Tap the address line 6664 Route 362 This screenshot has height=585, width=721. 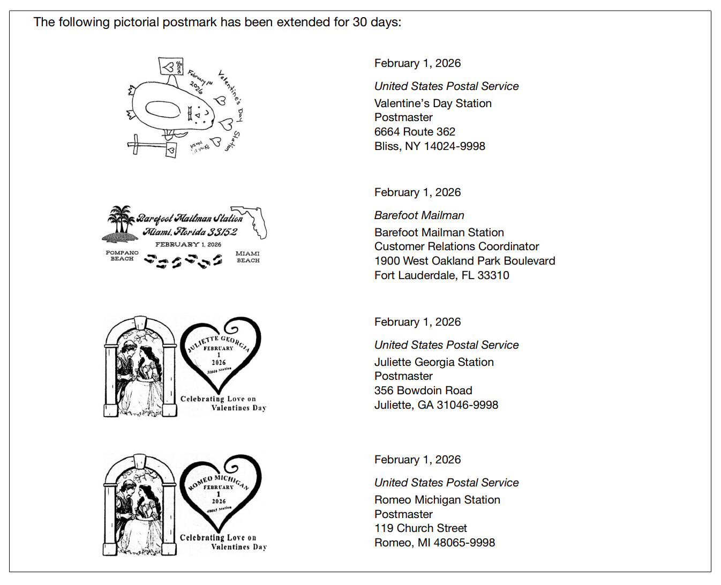click(x=415, y=132)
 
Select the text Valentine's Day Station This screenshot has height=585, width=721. click(x=433, y=103)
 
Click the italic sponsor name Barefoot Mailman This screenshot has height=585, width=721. click(x=419, y=215)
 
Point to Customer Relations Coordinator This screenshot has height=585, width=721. click(x=456, y=246)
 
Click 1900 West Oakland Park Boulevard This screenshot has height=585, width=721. click(x=464, y=261)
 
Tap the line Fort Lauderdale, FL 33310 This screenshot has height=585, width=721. click(x=441, y=275)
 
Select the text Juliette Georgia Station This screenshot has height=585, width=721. click(x=434, y=362)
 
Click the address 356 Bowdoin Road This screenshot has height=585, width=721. click(x=423, y=391)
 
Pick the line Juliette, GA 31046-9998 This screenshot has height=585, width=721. click(x=436, y=405)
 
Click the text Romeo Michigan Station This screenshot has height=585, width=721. click(x=437, y=500)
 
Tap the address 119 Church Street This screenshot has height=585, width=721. click(x=420, y=528)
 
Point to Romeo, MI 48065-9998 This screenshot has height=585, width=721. click(x=434, y=543)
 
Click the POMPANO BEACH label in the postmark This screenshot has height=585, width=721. click(x=122, y=256)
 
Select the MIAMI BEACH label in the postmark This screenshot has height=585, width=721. click(x=247, y=257)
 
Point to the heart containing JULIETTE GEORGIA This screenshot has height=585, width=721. click(x=220, y=354)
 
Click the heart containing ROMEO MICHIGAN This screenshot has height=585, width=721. click(x=220, y=493)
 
